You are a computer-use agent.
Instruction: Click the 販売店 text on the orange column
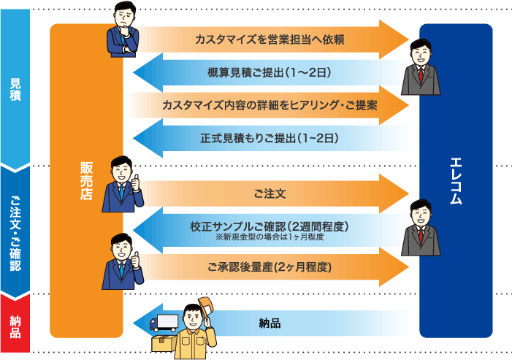[x=86, y=178]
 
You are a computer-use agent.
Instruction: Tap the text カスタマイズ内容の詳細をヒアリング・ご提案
[x=270, y=105]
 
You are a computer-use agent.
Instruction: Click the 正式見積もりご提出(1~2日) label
[x=270, y=137]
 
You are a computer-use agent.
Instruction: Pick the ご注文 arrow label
[x=270, y=194]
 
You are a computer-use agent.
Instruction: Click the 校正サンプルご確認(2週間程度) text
[x=270, y=226]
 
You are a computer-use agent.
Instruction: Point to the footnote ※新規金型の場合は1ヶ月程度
[x=270, y=237]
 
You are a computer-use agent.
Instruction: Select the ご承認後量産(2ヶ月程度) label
[x=270, y=268]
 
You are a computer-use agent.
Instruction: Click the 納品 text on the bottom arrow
[x=270, y=322]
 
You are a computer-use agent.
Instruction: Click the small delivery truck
[x=164, y=322]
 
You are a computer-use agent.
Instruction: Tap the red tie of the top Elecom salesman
[x=421, y=76]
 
